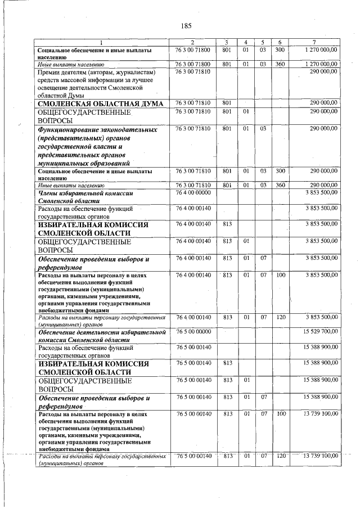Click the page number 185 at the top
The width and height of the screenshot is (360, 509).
[187, 26]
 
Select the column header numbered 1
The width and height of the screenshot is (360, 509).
[101, 43]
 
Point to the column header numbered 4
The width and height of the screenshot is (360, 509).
[245, 43]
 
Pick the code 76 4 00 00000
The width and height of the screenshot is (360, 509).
[193, 193]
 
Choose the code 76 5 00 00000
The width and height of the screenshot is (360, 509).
[193, 332]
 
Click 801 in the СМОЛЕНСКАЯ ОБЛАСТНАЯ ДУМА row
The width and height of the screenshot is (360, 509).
[227, 103]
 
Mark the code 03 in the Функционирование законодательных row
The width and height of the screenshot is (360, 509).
[263, 129]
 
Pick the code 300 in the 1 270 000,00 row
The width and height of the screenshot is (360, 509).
[280, 50]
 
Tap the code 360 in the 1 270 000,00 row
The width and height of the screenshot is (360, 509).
[280, 65]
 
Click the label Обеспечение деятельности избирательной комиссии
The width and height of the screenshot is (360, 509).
[101, 336]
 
